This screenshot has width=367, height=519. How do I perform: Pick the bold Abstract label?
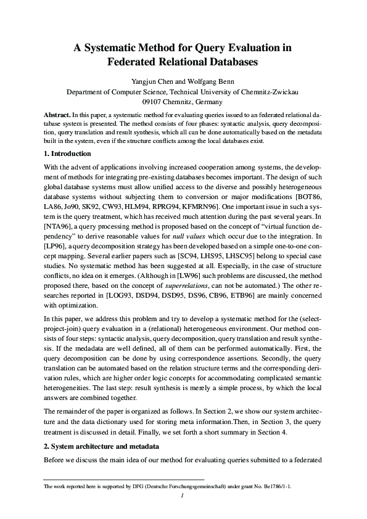(x=57, y=115)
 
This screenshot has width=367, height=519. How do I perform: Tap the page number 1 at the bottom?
(x=183, y=495)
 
